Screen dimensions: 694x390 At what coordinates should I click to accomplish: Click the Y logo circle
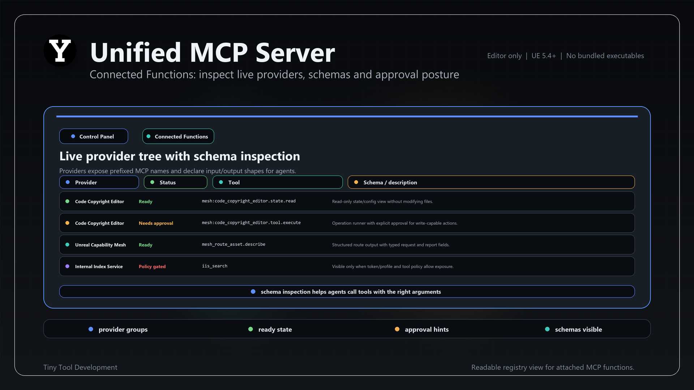[x=60, y=51]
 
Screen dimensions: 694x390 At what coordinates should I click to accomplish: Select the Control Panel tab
[x=94, y=136]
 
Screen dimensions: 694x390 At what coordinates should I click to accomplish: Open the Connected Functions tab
[x=178, y=136]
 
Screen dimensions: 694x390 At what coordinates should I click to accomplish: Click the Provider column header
[x=99, y=182]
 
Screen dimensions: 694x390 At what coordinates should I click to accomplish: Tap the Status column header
[x=176, y=182]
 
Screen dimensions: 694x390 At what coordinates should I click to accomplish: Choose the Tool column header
[x=278, y=182]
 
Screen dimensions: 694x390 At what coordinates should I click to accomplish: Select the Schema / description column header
[x=491, y=182]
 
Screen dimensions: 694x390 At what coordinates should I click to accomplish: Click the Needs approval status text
[x=156, y=223]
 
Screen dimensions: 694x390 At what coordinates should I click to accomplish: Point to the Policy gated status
[x=152, y=266]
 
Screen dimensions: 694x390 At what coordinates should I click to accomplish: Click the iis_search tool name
[x=215, y=266]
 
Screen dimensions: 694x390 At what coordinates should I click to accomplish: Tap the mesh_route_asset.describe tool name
[x=234, y=244]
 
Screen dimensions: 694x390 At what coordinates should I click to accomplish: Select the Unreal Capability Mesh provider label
[x=100, y=245]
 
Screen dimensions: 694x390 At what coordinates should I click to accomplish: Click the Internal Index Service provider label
[x=99, y=266]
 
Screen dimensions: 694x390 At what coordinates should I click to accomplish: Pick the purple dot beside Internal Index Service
[x=67, y=266]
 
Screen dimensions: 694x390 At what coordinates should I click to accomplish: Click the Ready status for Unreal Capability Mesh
[x=146, y=245]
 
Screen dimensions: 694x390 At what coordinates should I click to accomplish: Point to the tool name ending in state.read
[x=249, y=201]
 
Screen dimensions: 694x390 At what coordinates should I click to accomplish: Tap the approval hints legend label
[x=427, y=329]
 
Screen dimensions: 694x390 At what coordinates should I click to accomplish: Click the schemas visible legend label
[x=578, y=329]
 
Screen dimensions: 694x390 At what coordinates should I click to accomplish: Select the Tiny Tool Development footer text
[x=80, y=367]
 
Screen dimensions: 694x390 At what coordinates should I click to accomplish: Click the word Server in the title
[x=295, y=53]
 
